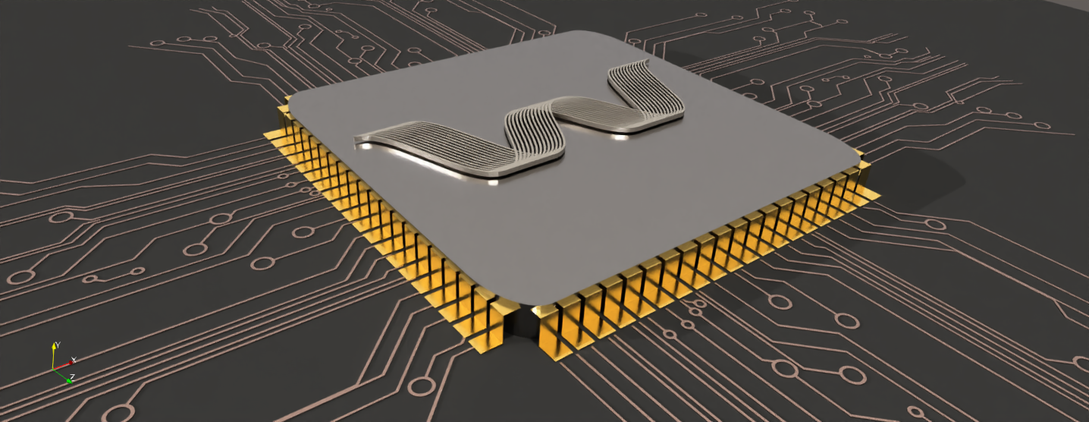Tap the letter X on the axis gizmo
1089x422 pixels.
74,358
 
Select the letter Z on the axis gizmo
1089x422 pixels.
72,376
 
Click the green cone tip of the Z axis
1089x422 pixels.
68,380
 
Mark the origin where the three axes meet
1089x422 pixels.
54,369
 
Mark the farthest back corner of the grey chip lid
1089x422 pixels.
584,33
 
